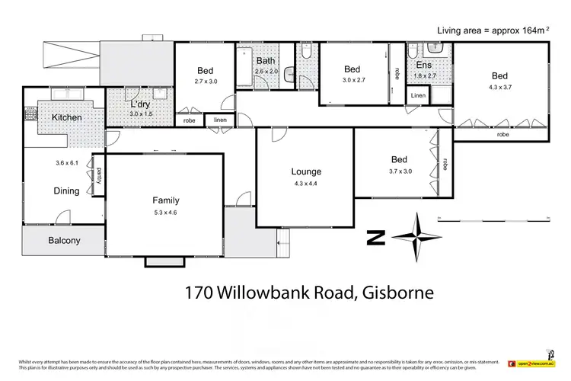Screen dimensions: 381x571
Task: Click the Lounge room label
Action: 306,171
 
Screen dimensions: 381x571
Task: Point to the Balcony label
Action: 64,241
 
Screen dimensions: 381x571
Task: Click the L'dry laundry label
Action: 141,104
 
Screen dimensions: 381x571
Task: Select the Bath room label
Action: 266,60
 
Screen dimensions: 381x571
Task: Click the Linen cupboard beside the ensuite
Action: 418,96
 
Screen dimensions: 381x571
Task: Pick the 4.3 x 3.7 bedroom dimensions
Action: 499,88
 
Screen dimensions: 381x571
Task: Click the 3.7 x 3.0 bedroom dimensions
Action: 399,171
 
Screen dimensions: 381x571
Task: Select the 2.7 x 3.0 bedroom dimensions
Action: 206,81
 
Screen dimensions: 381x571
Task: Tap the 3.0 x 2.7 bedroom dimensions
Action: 353,79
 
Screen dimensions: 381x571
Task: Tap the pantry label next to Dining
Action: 99,174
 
